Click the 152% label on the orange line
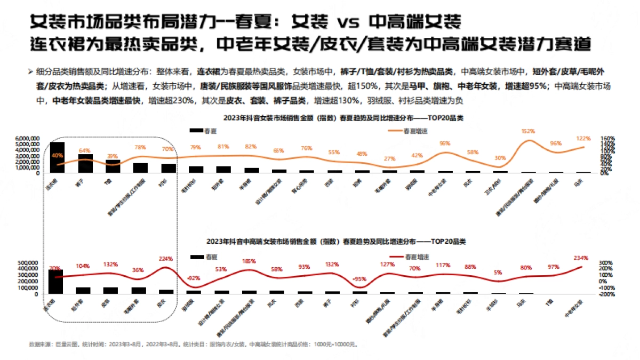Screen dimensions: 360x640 tap(528, 131)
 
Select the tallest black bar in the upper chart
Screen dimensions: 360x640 tap(57, 157)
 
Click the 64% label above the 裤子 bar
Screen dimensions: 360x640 tap(85, 150)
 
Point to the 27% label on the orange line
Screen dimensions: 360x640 tap(390, 158)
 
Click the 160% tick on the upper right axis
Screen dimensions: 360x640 tap(608, 138)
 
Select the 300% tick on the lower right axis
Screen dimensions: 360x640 tap(608, 263)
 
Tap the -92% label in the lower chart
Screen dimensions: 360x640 tap(193, 277)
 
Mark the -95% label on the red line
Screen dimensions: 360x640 tap(361, 278)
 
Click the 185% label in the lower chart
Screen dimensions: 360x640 tap(249, 261)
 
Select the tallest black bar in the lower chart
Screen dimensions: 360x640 tap(55, 282)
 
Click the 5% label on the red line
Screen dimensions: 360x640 tap(498, 273)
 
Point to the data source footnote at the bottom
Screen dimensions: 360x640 tap(192, 345)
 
